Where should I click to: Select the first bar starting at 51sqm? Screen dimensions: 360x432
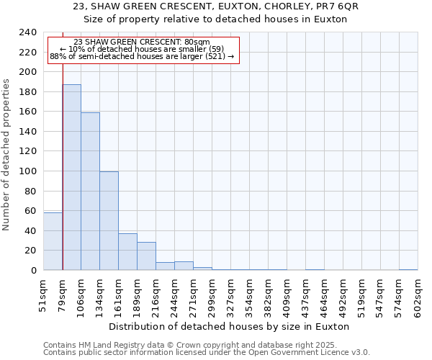(53, 241)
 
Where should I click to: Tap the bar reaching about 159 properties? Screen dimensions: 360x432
(90, 192)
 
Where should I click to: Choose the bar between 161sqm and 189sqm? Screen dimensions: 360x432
(127, 252)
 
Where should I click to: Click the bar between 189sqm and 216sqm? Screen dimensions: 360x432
(146, 256)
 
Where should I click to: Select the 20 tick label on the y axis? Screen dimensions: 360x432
(30, 251)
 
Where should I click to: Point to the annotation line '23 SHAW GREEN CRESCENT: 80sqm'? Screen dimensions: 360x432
(142, 42)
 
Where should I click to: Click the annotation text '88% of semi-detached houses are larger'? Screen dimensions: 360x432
(142, 56)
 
